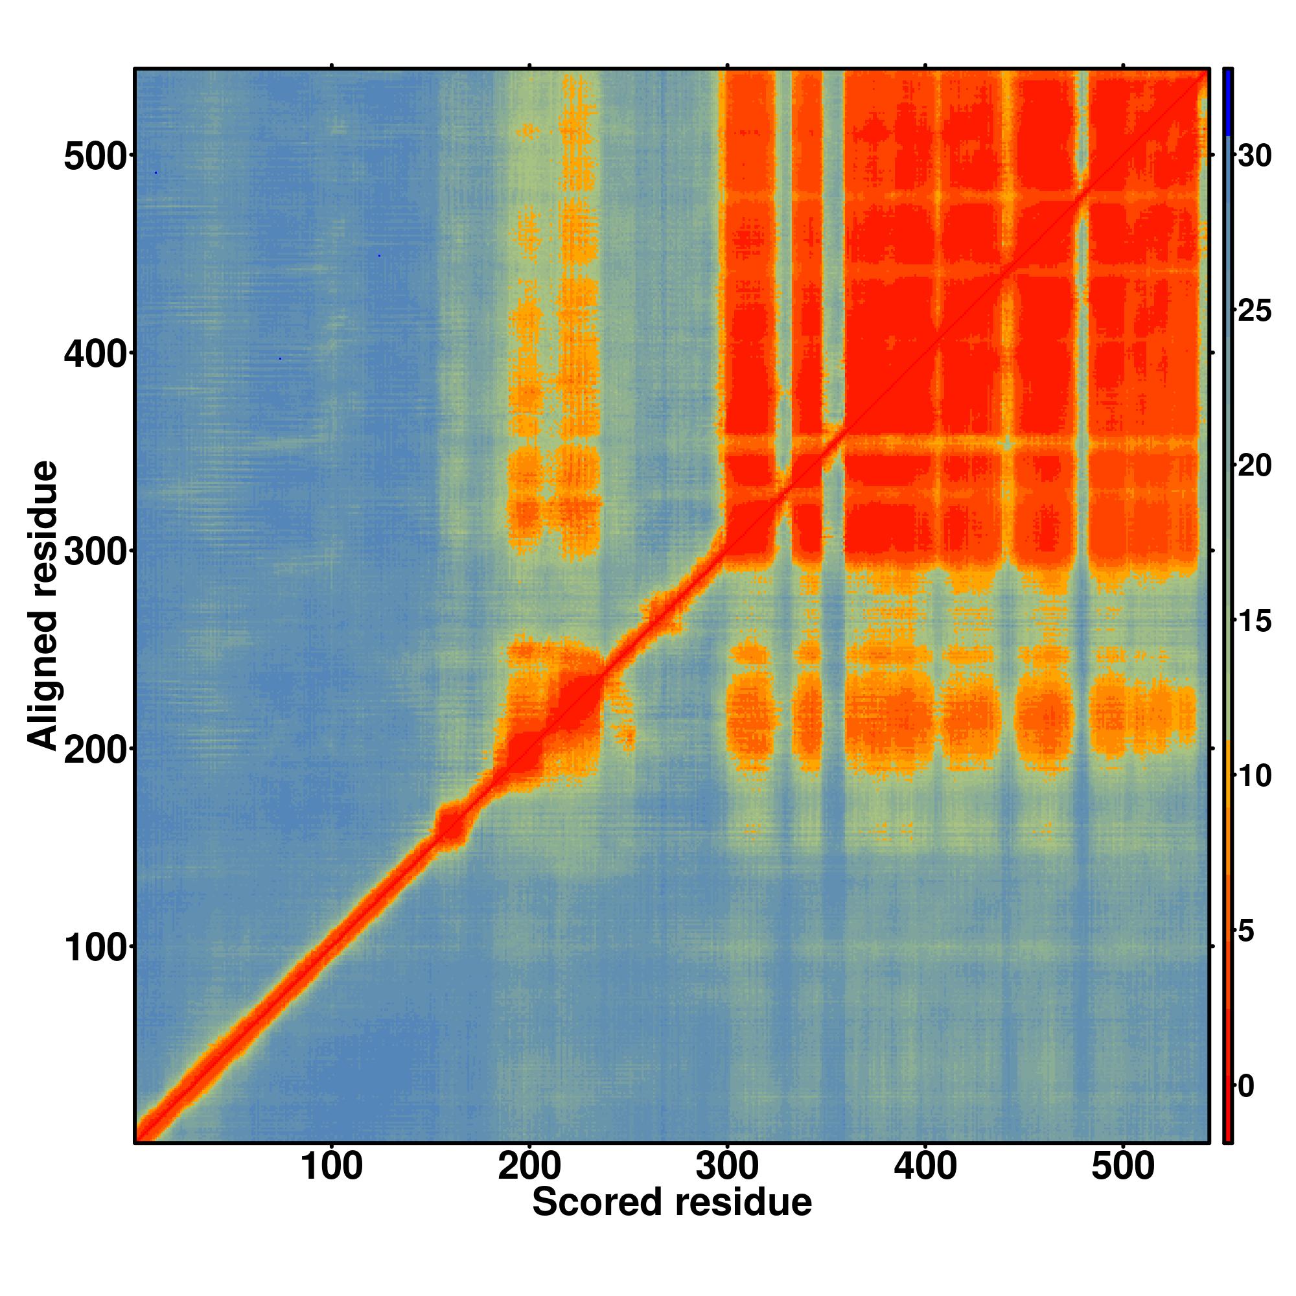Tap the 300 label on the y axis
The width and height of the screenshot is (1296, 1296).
coord(95,553)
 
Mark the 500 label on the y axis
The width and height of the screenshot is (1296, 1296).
coord(95,158)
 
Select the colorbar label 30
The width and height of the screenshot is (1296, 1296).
coord(1255,156)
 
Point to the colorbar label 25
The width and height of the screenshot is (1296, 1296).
coord(1255,311)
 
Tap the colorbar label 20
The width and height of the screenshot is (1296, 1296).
coord(1255,466)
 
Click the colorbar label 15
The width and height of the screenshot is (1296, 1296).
coord(1255,621)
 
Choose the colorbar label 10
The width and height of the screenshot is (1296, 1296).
coord(1255,776)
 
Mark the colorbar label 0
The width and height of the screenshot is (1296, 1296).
coord(1246,1087)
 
